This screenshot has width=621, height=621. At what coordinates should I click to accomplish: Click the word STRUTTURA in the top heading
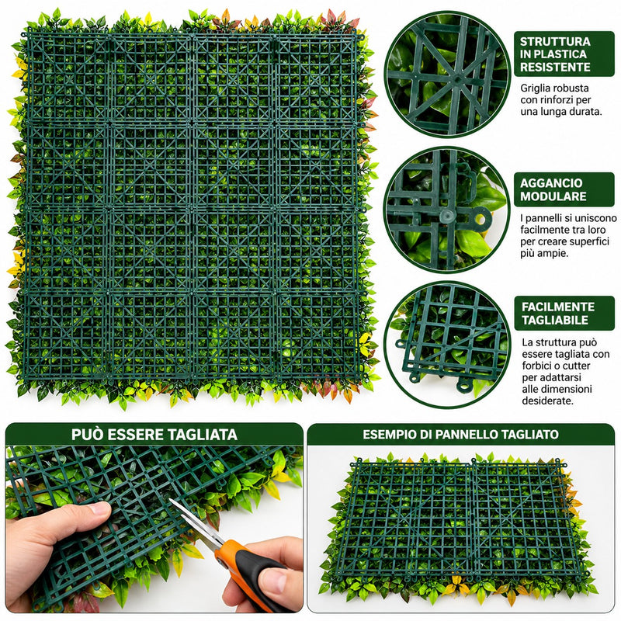[x=555, y=42]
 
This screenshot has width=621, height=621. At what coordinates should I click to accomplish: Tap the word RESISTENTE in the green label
[x=555, y=68]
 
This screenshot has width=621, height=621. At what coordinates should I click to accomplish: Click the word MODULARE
[x=553, y=196]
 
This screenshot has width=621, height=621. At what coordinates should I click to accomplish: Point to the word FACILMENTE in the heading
[x=558, y=307]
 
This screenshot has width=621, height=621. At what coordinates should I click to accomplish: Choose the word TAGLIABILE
[x=555, y=320]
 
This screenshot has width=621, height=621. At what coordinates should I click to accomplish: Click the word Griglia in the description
[x=535, y=88]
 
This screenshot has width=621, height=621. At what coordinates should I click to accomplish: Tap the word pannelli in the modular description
[x=543, y=219]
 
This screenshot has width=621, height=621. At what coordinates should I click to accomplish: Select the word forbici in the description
[x=536, y=366]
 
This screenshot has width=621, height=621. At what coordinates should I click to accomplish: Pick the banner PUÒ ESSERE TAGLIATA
[x=154, y=435]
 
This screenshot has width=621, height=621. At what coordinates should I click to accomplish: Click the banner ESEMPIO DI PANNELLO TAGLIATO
[x=460, y=435]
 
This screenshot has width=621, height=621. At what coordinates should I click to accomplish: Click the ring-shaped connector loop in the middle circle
[x=480, y=219]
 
